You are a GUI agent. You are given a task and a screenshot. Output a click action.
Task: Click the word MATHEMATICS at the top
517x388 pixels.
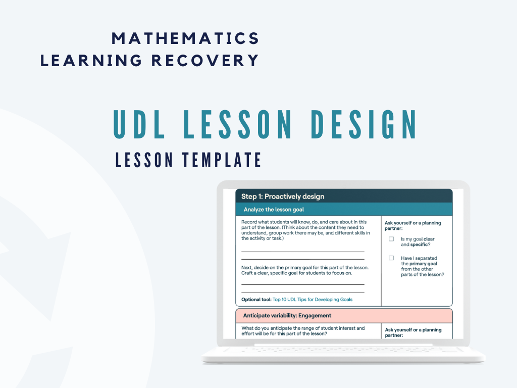click(x=185, y=38)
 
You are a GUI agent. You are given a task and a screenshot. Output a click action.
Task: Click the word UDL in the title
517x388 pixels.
click(x=139, y=124)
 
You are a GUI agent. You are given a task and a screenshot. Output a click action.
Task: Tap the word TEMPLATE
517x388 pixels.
click(x=222, y=160)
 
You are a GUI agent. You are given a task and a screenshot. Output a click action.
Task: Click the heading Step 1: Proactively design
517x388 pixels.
click(x=283, y=197)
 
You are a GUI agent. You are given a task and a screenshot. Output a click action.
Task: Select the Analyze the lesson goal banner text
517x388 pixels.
click(x=274, y=210)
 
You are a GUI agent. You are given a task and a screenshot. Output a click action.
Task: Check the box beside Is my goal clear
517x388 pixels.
click(x=391, y=239)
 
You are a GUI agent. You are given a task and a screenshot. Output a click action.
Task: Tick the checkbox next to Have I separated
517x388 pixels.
click(x=391, y=258)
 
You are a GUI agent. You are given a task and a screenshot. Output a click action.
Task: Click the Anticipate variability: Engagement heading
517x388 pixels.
click(x=287, y=316)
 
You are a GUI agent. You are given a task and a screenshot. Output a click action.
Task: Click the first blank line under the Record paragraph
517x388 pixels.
click(x=303, y=251)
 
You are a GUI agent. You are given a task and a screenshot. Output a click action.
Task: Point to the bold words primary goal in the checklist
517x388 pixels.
click(x=423, y=264)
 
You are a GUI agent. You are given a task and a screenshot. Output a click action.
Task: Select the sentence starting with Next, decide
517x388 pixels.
click(x=305, y=270)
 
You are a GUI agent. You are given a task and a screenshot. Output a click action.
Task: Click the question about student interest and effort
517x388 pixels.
click(x=303, y=331)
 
